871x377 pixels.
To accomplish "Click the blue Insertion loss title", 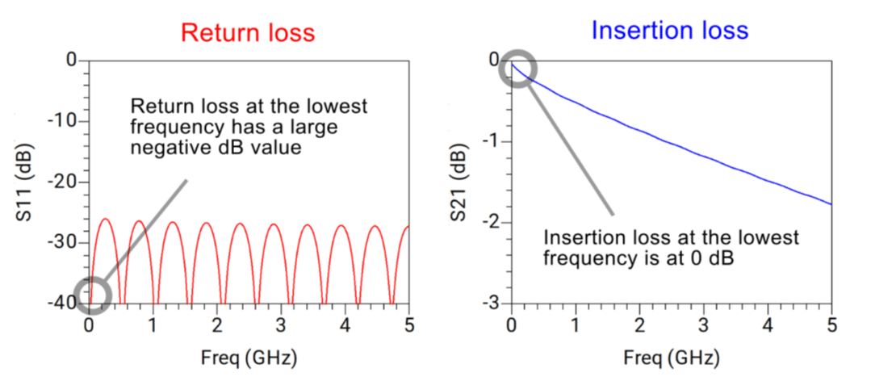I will [669, 31].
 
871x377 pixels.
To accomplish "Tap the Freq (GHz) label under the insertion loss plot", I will [671, 356].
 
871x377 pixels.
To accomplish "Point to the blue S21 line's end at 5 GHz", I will [831, 204].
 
